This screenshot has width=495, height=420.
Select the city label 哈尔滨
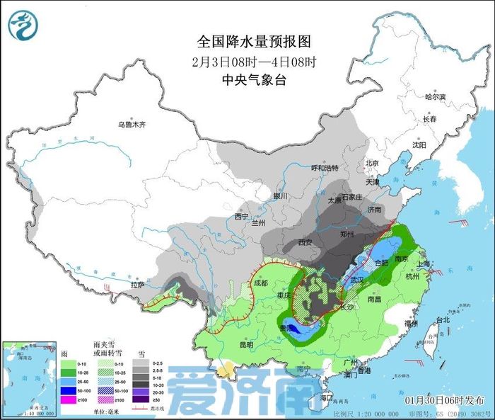coord(436,97)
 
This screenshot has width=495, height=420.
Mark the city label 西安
coord(305,242)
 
